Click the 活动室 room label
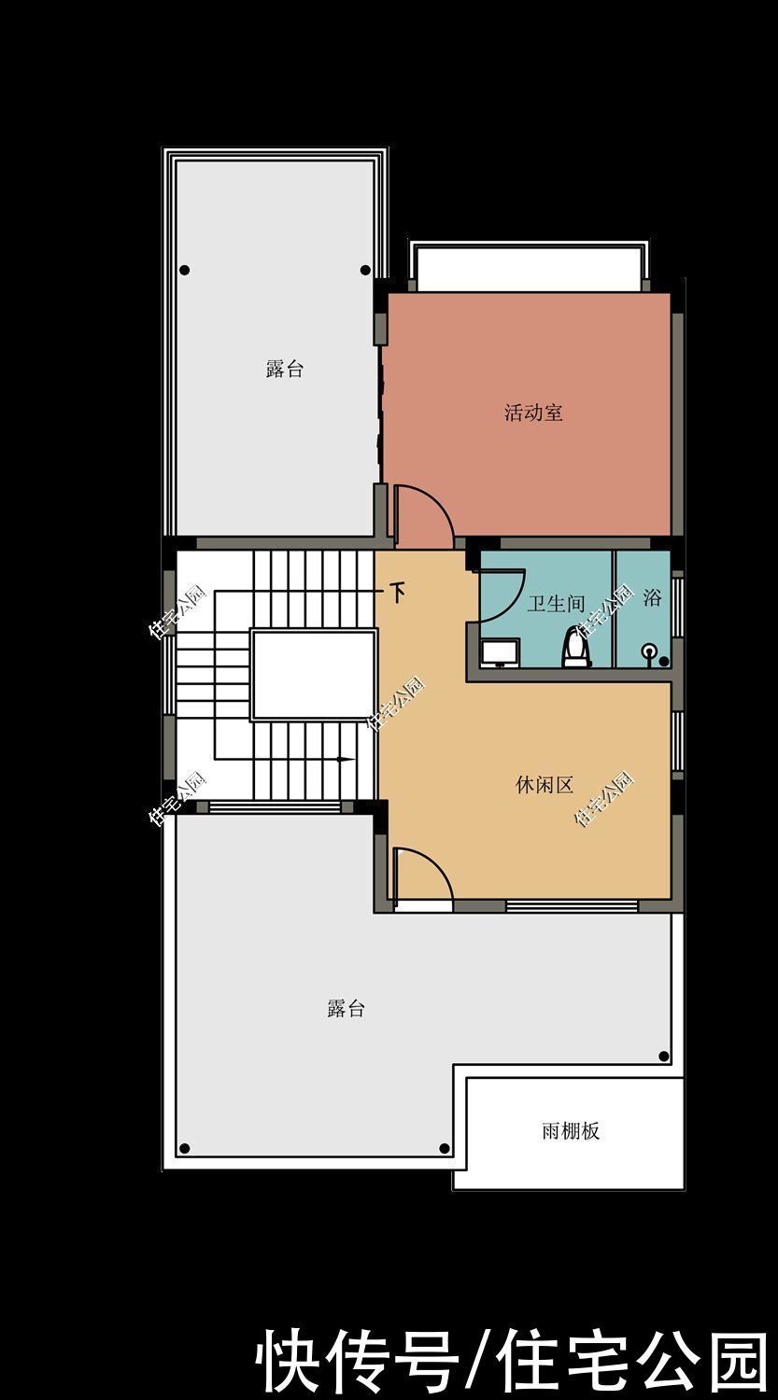point(533,413)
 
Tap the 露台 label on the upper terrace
point(284,369)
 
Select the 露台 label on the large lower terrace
point(346,1009)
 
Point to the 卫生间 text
point(555,604)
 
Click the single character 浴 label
point(651,597)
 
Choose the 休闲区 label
point(544,785)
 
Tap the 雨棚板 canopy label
point(570,1131)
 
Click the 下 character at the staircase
point(399,593)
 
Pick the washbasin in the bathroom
point(501,651)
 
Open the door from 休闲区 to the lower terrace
point(422,877)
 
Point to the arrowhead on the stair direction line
point(346,759)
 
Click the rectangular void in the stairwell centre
point(313,675)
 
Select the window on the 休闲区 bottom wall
point(572,905)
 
